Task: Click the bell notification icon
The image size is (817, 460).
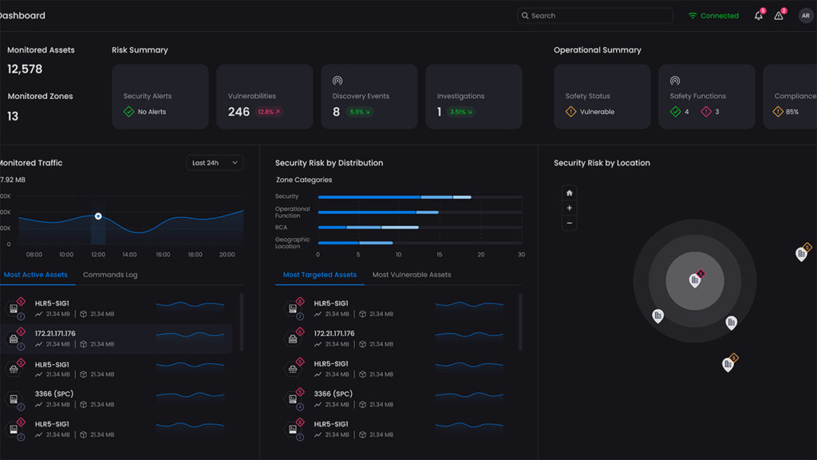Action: tap(759, 16)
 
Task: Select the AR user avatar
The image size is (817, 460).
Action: tap(806, 16)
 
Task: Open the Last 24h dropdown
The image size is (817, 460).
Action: tap(215, 163)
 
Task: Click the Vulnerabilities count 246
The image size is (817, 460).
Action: tap(239, 112)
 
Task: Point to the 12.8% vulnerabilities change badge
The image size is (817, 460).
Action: tap(269, 113)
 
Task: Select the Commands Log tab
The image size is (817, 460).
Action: tap(110, 275)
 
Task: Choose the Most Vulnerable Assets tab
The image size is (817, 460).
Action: tap(412, 275)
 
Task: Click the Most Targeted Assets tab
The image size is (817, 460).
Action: tap(320, 275)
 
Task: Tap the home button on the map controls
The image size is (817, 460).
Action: tap(569, 192)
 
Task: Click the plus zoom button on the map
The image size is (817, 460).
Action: tap(569, 208)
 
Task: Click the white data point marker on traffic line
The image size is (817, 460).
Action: tap(98, 216)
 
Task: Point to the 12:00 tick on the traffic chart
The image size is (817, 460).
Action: tap(98, 255)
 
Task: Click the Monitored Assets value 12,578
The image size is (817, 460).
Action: tap(25, 69)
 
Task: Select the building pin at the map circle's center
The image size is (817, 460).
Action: tap(695, 280)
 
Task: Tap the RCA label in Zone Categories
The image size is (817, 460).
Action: tap(282, 227)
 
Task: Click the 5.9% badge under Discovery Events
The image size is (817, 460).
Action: tap(360, 113)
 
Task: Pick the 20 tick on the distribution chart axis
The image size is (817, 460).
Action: tap(480, 255)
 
